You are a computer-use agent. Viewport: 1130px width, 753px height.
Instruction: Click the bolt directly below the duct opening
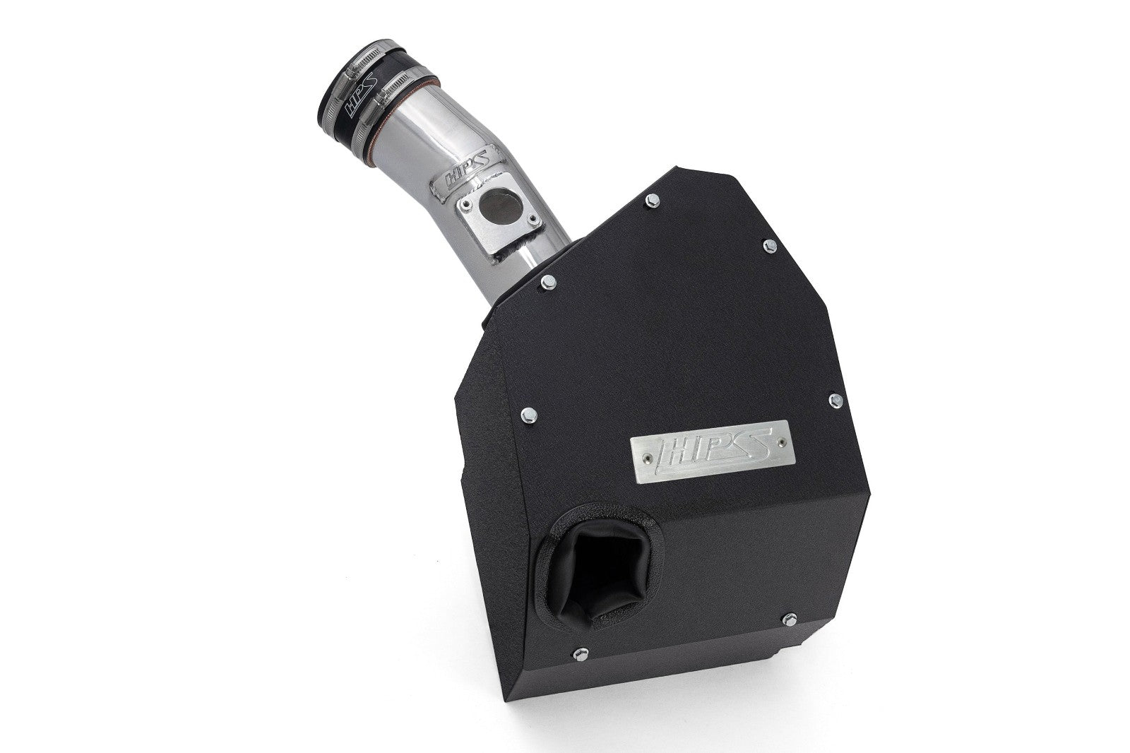(x=581, y=673)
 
